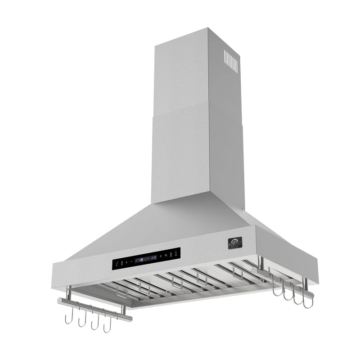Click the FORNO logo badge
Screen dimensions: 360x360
click(x=235, y=243)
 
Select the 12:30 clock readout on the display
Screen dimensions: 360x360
click(x=153, y=258)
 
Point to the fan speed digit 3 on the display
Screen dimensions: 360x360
click(x=139, y=260)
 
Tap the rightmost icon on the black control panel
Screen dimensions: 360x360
click(x=175, y=254)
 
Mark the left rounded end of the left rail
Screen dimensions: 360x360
click(x=59, y=301)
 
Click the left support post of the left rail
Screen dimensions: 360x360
click(x=69, y=294)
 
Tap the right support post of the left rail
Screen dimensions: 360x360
click(x=123, y=310)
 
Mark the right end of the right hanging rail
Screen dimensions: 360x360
click(x=311, y=294)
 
